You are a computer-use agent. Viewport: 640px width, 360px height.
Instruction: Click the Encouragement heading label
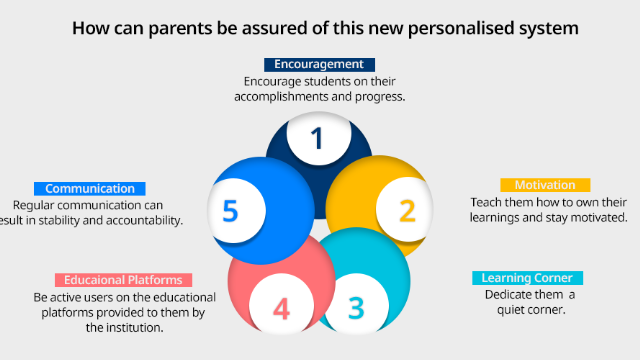click(319, 65)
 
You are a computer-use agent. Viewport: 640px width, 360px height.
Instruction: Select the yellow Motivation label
click(545, 185)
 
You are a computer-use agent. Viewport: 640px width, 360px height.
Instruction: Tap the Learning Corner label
click(527, 278)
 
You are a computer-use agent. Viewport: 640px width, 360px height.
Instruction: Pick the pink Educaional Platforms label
click(123, 280)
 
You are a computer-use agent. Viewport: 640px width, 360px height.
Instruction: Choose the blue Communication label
click(90, 189)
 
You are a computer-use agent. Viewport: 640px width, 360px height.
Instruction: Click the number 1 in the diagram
click(317, 139)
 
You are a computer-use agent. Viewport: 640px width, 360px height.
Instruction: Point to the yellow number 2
click(407, 210)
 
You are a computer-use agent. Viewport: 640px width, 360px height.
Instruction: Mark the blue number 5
click(230, 211)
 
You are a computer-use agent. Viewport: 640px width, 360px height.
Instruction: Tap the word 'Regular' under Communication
click(34, 205)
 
